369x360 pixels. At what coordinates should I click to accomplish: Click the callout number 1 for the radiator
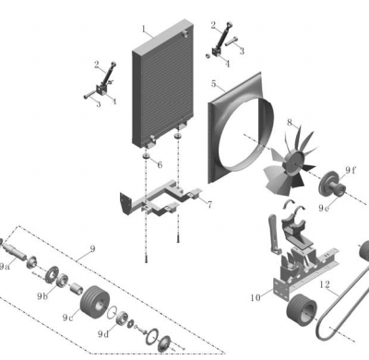click(144, 30)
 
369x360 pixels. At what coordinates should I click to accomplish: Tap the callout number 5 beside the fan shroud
click(214, 84)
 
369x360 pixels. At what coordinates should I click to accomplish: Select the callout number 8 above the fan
click(290, 123)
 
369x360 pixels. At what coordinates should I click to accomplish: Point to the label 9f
click(350, 170)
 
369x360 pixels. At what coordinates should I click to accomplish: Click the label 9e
click(324, 209)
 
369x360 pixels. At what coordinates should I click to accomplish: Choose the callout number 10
click(256, 297)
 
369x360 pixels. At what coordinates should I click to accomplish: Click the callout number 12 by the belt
click(325, 284)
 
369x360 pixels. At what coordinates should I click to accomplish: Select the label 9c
click(68, 318)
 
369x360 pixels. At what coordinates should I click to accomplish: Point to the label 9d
click(103, 334)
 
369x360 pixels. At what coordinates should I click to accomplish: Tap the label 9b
click(42, 296)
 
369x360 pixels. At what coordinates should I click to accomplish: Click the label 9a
click(5, 267)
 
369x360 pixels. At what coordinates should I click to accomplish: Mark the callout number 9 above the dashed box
click(92, 248)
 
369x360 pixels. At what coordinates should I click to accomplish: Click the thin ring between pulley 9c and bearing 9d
click(112, 313)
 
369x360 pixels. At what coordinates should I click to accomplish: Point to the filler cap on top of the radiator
click(185, 33)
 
